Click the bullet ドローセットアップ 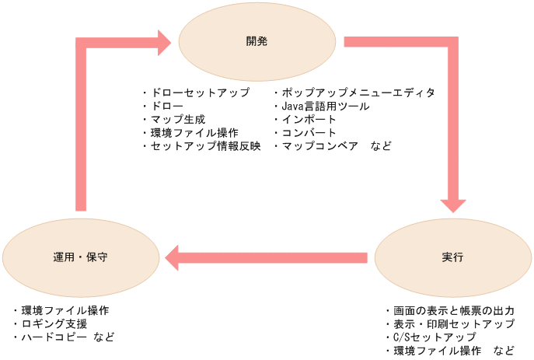click(200, 93)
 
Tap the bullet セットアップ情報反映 click(205, 145)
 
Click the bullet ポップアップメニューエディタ click(358, 93)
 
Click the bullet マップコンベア click(319, 145)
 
